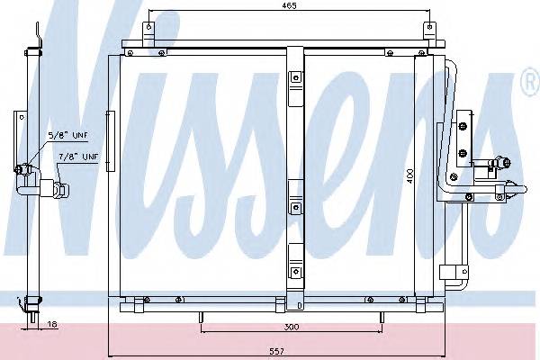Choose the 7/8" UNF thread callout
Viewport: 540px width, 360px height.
[79, 157]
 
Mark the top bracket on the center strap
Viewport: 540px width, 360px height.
[295, 82]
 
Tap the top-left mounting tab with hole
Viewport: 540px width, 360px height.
[150, 32]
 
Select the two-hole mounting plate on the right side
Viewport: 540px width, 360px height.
[464, 136]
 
